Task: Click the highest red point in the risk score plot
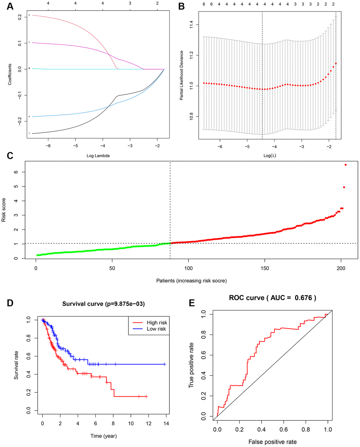(346, 165)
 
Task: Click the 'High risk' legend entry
(157, 323)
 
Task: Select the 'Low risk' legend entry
(156, 329)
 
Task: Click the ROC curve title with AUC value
(272, 298)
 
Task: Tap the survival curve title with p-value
(103, 304)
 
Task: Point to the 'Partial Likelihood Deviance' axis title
(181, 75)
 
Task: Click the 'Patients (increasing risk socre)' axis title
(191, 281)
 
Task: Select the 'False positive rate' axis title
(272, 442)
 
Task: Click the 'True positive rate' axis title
(191, 365)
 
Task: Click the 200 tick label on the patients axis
(341, 268)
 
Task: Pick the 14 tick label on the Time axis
(166, 424)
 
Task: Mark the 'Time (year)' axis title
(103, 436)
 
